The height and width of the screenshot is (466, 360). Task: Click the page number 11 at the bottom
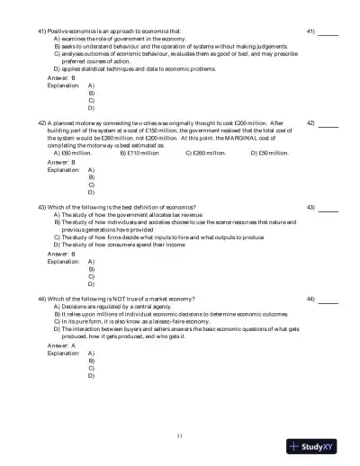(x=180, y=435)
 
